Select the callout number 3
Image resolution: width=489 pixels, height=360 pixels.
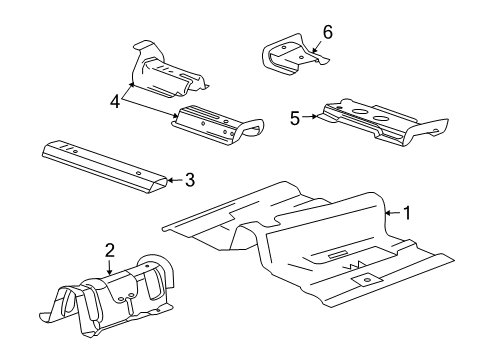(x=189, y=180)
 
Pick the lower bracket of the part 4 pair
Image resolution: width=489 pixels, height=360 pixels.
(x=215, y=124)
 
